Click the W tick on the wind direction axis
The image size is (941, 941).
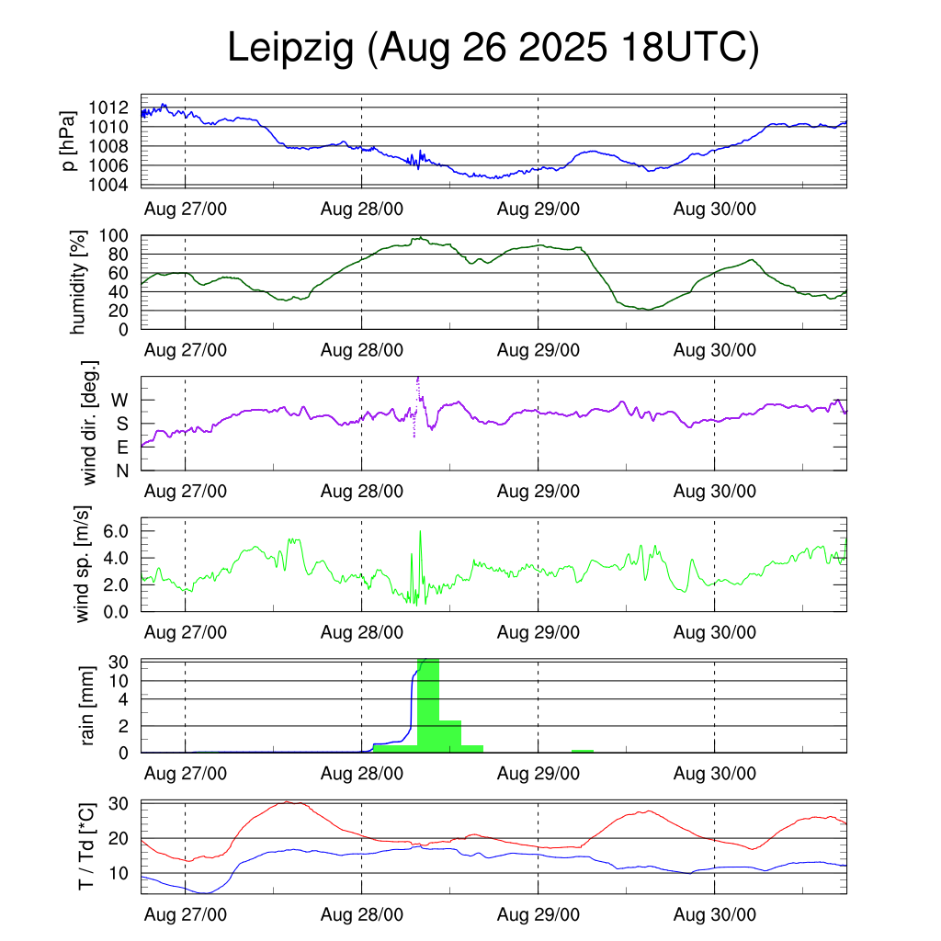coord(119,400)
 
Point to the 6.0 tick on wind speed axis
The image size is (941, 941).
coord(120,531)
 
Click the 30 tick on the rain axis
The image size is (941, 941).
coord(118,662)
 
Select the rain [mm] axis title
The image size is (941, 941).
coord(88,706)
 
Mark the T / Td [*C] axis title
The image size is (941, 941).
coord(85,846)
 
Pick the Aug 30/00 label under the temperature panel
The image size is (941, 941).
coord(715,914)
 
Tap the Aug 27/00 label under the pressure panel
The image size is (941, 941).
coord(186,209)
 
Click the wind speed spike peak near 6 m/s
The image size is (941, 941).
coord(420,532)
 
